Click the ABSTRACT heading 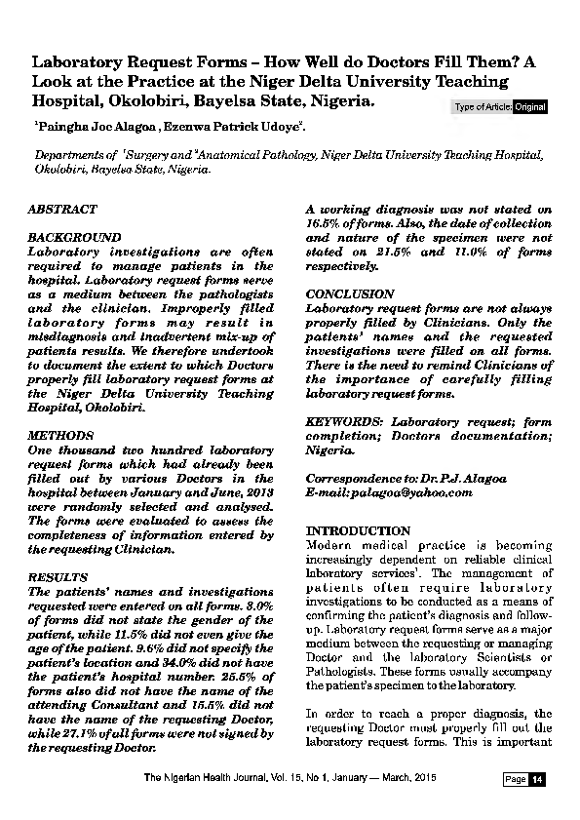point(61,210)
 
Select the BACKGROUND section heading point(74,238)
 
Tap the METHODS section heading point(60,436)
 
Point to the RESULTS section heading point(58,577)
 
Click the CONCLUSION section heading point(350,293)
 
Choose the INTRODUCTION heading point(358,530)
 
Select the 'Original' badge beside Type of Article point(529,106)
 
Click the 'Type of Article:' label point(483,106)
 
